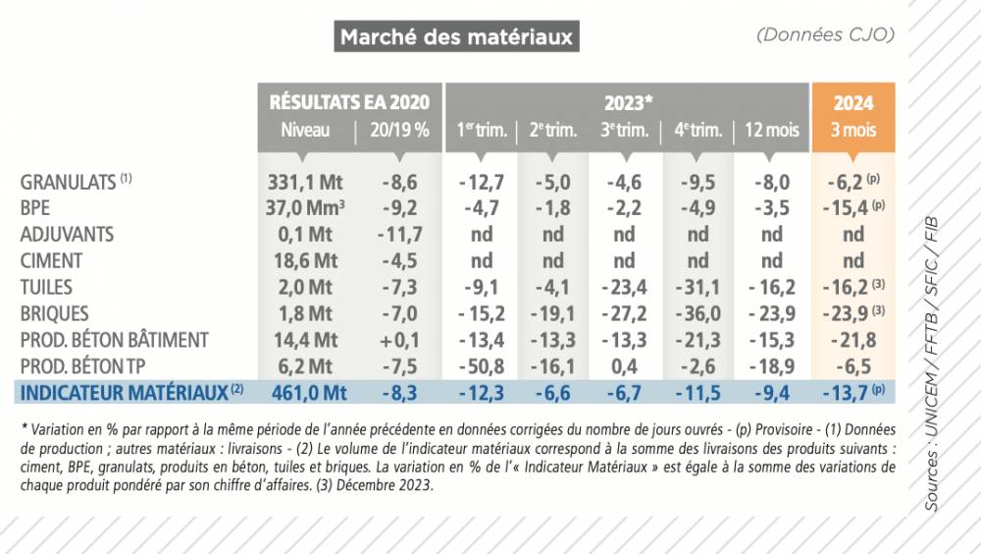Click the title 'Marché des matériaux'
click(x=455, y=38)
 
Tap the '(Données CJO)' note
click(x=825, y=34)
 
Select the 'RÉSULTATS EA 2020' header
click(x=349, y=102)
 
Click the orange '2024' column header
click(x=852, y=102)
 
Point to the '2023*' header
click(x=627, y=102)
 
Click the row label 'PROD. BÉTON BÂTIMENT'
click(x=115, y=340)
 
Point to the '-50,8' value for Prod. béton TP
click(x=481, y=366)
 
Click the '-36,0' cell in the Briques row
click(x=697, y=313)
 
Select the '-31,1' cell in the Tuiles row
click(x=697, y=287)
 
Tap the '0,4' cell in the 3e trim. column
click(x=624, y=366)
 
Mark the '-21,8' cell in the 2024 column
click(x=852, y=340)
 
